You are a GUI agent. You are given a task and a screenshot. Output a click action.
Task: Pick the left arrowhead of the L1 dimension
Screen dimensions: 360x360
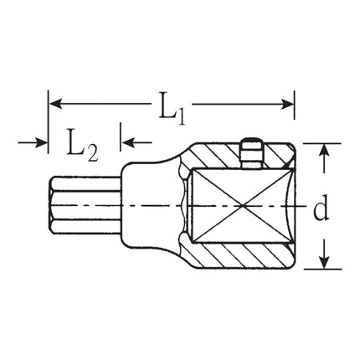pyautogui.click(x=55, y=104)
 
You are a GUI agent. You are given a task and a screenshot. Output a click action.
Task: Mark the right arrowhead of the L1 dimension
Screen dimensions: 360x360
pyautogui.click(x=289, y=104)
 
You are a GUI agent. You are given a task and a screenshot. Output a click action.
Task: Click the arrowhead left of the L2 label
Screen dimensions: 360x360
pyautogui.click(x=43, y=143)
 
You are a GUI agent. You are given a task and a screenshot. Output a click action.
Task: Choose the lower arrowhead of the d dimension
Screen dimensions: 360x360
pyautogui.click(x=322, y=262)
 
